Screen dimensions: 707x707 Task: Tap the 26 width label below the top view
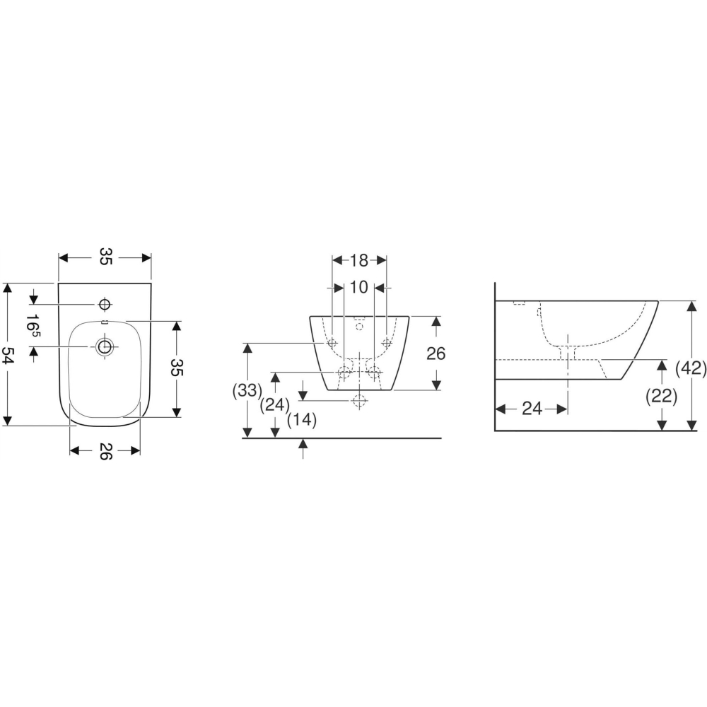tap(105, 451)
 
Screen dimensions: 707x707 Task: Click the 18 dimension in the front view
tap(359, 260)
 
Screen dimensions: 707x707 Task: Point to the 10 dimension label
tap(359, 287)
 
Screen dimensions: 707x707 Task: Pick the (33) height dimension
tap(247, 390)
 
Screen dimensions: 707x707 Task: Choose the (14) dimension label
tap(302, 420)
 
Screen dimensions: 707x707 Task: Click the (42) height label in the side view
tap(691, 368)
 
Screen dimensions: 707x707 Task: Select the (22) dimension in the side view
tap(662, 397)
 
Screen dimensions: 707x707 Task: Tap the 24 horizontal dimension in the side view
tap(532, 409)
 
